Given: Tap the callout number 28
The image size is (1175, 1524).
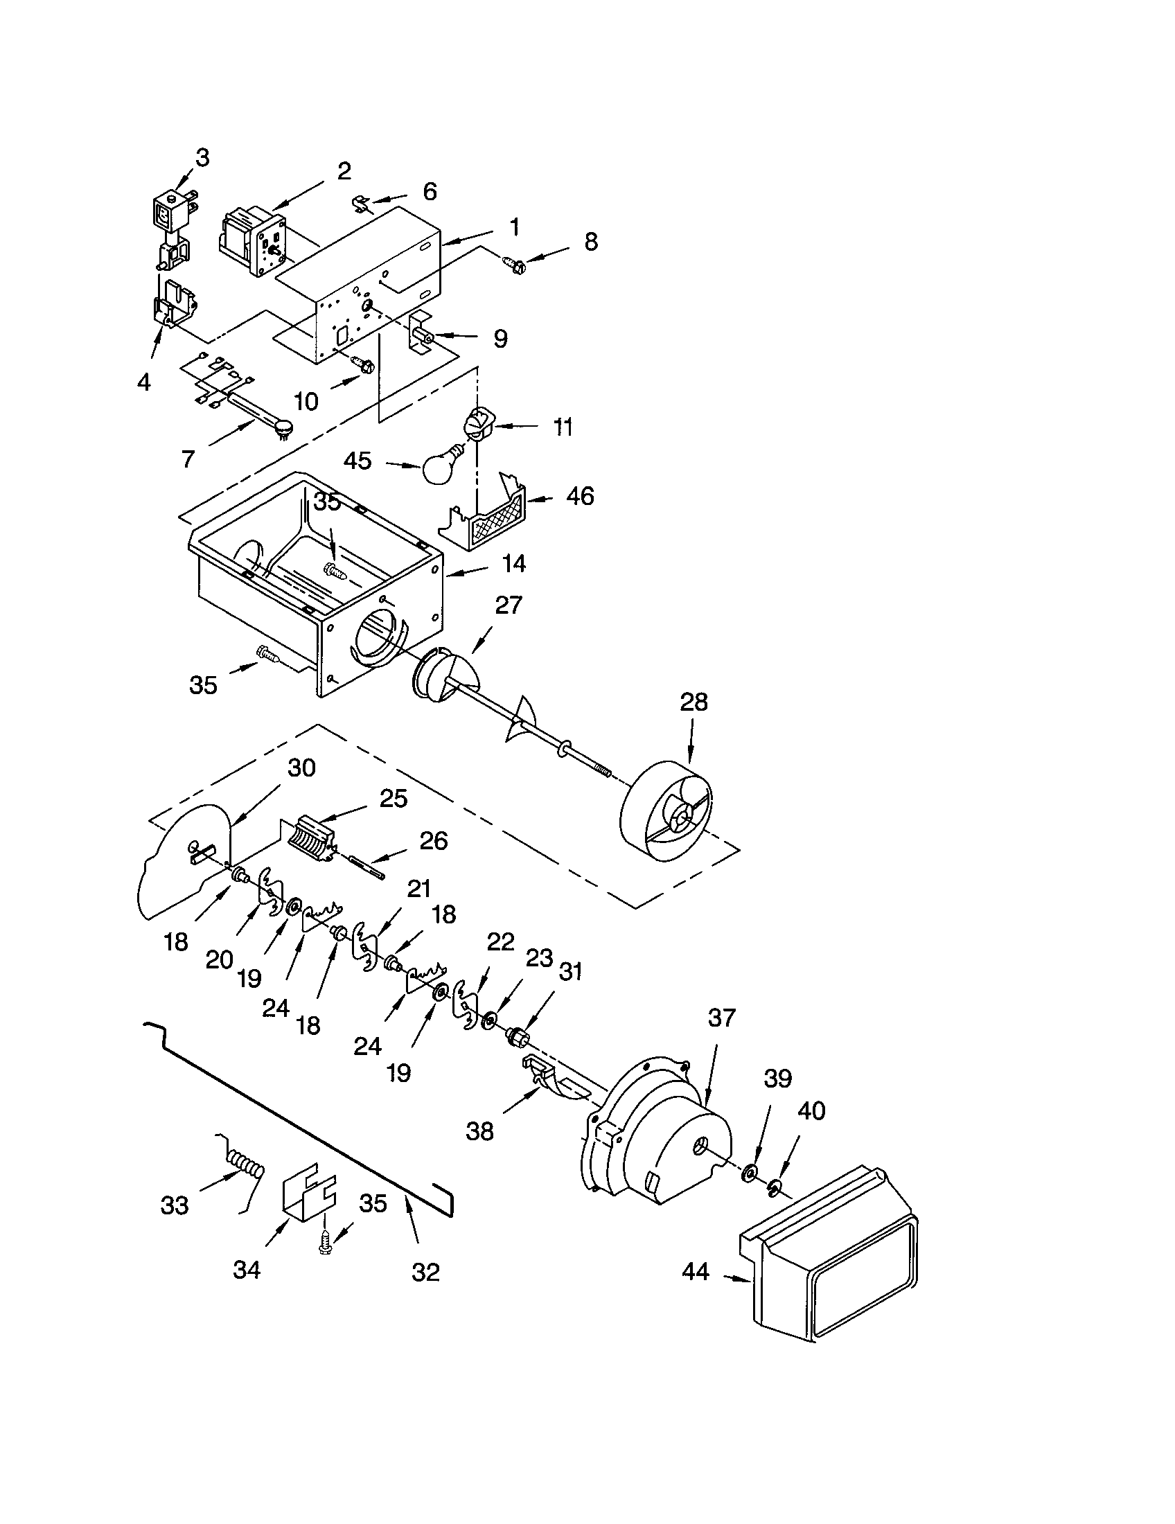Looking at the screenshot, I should point(693,702).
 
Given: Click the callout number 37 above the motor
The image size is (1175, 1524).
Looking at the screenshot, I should point(721,1018).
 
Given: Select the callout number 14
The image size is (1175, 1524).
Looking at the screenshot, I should point(513,563).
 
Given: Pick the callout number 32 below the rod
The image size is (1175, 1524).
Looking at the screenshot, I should point(425,1272).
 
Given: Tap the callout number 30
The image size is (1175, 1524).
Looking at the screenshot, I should point(301,768).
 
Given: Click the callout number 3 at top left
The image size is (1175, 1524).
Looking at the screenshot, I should point(202,159).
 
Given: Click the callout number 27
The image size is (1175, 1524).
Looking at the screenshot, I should point(508,605).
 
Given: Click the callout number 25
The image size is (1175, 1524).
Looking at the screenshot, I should point(393,798).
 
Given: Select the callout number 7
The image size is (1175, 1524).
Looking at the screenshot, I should point(188,459).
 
